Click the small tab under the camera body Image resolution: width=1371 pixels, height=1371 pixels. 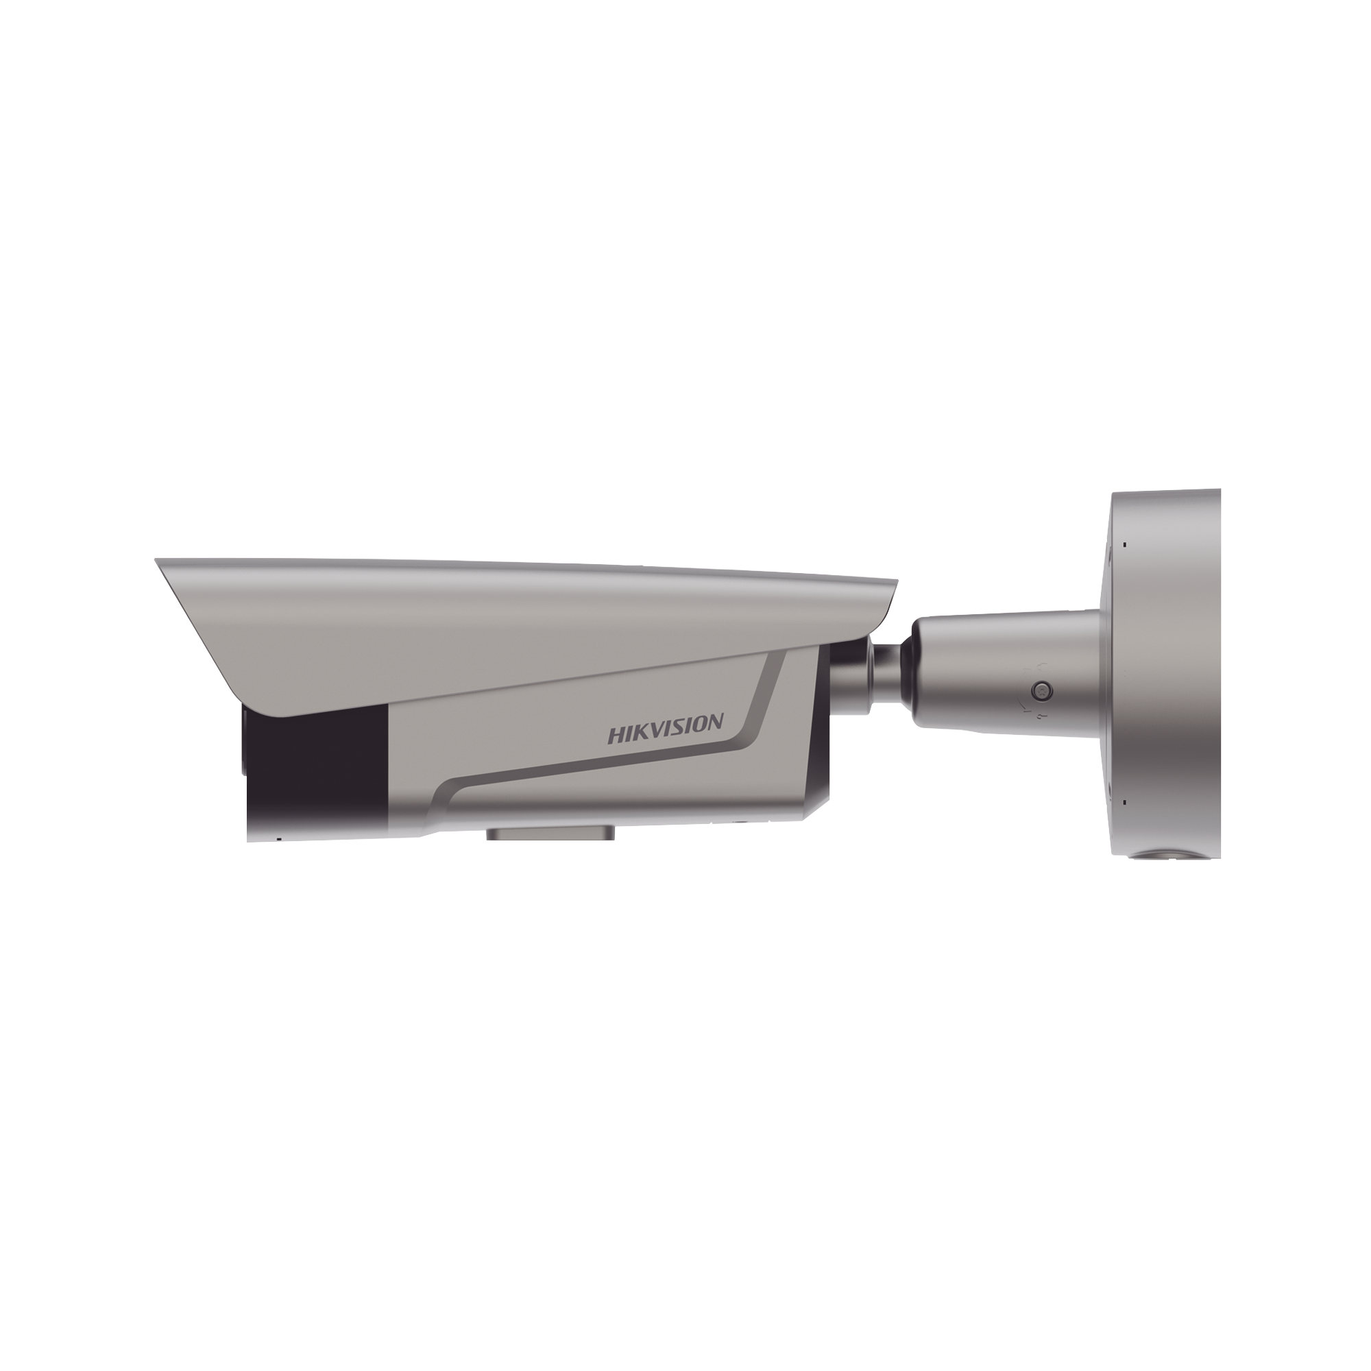(549, 833)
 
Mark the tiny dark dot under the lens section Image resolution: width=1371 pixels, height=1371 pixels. (278, 838)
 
